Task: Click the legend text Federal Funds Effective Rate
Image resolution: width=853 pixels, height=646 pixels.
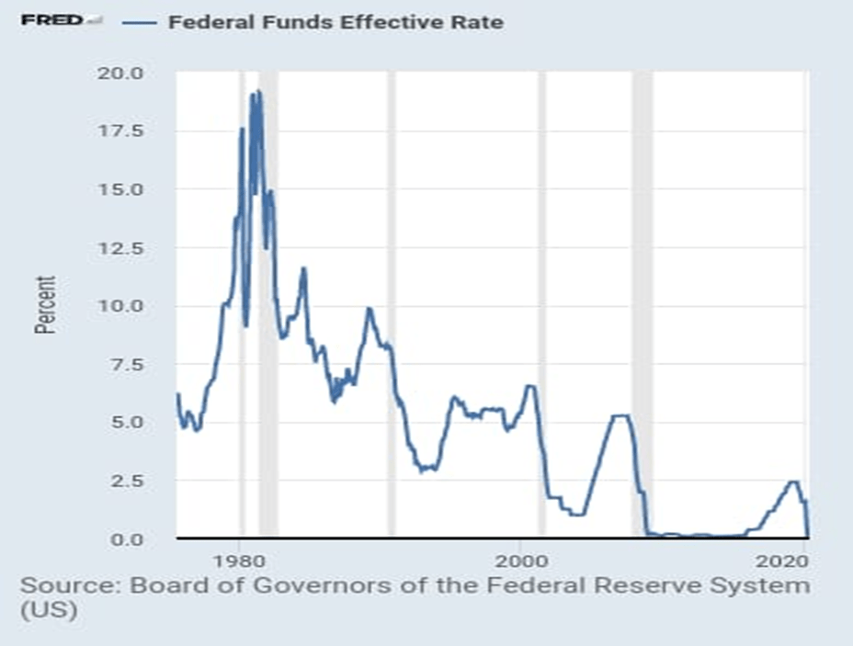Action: tap(336, 22)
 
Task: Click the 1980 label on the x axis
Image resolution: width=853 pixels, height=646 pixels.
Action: tap(240, 560)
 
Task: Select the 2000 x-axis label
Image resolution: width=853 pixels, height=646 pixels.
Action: tap(521, 560)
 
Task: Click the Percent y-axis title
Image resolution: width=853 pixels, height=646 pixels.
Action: tap(45, 305)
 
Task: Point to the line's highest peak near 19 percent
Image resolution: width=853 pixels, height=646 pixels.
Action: tap(258, 91)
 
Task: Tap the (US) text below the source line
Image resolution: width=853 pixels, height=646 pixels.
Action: tap(48, 611)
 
